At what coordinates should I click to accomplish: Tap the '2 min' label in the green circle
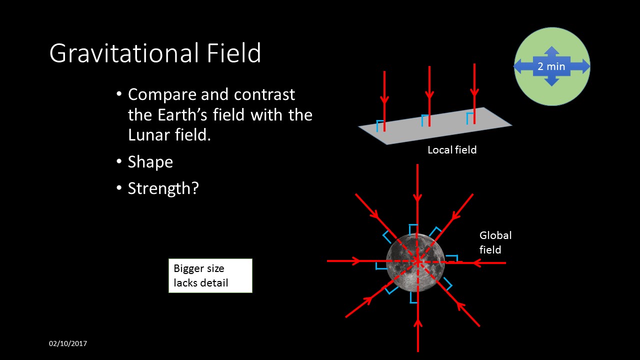tap(551, 66)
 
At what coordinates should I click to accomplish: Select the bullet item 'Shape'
tap(150, 162)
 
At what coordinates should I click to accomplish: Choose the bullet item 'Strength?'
tap(163, 189)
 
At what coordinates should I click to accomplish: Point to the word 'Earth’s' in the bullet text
tap(184, 115)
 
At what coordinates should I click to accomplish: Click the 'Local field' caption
tap(452, 150)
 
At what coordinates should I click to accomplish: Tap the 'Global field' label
tap(495, 242)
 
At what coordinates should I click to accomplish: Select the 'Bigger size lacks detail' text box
tap(210, 275)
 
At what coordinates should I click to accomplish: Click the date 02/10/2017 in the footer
tap(68, 343)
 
